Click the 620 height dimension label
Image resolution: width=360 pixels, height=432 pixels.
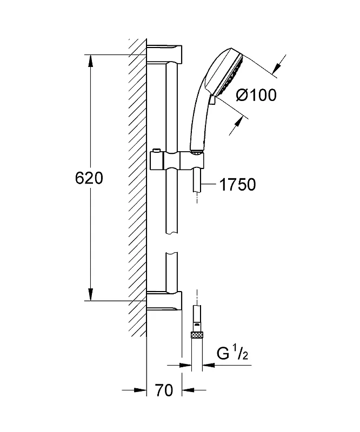[89, 178]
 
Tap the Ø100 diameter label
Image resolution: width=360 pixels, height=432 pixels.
[256, 96]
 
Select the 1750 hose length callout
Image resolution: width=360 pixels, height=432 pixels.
[237, 185]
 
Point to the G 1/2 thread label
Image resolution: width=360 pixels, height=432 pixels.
[232, 354]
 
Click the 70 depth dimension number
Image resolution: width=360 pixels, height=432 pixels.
[164, 390]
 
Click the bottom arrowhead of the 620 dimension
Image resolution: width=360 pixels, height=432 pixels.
[90, 294]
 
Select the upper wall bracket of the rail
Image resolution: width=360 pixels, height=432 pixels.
[164, 54]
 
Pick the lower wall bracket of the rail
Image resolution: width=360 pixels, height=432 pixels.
[164, 301]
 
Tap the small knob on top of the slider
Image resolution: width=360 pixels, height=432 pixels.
[156, 150]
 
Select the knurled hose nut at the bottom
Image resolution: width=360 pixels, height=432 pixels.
[197, 335]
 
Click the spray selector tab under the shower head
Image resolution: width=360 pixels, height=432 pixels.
[212, 99]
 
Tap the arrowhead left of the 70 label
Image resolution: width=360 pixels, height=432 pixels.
[140, 390]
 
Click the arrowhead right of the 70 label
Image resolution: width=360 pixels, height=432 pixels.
[188, 390]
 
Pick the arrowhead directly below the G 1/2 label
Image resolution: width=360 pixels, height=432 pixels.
[209, 366]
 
